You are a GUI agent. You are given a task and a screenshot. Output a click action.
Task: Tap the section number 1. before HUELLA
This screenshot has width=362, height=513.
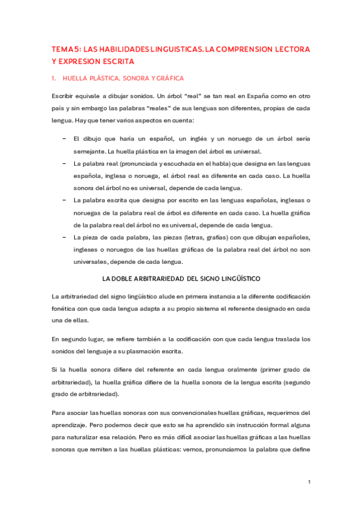point(54,79)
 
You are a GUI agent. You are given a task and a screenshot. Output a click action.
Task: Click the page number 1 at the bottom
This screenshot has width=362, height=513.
point(309,482)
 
